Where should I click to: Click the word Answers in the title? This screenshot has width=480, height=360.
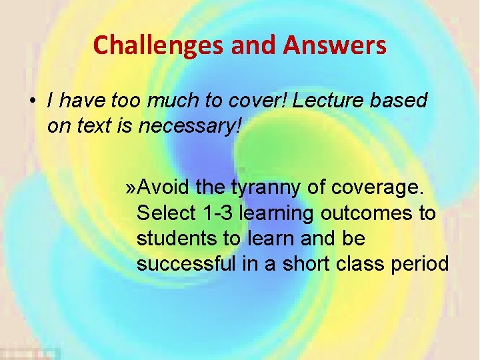[x=335, y=45]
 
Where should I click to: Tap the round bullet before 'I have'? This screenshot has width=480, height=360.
[x=32, y=101]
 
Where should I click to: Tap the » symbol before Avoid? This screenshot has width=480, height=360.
[x=131, y=189]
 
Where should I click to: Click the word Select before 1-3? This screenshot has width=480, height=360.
[x=165, y=214]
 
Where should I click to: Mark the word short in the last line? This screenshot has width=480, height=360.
[x=313, y=265]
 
